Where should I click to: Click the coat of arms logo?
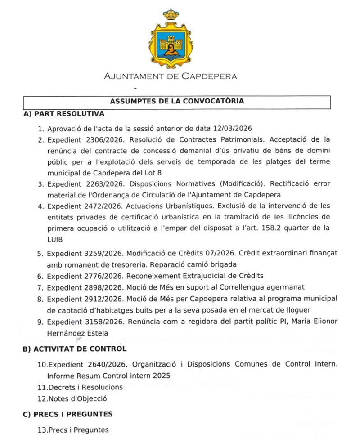pyautogui.click(x=171, y=38)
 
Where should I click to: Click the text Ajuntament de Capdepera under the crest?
pyautogui.click(x=171, y=76)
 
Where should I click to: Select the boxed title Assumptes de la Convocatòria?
pyautogui.click(x=177, y=101)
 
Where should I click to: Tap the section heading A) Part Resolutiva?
pyautogui.click(x=63, y=114)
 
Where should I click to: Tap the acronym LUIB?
pyautogui.click(x=56, y=239)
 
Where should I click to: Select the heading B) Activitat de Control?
pyautogui.click(x=75, y=349)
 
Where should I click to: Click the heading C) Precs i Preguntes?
pyautogui.click(x=67, y=414)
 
